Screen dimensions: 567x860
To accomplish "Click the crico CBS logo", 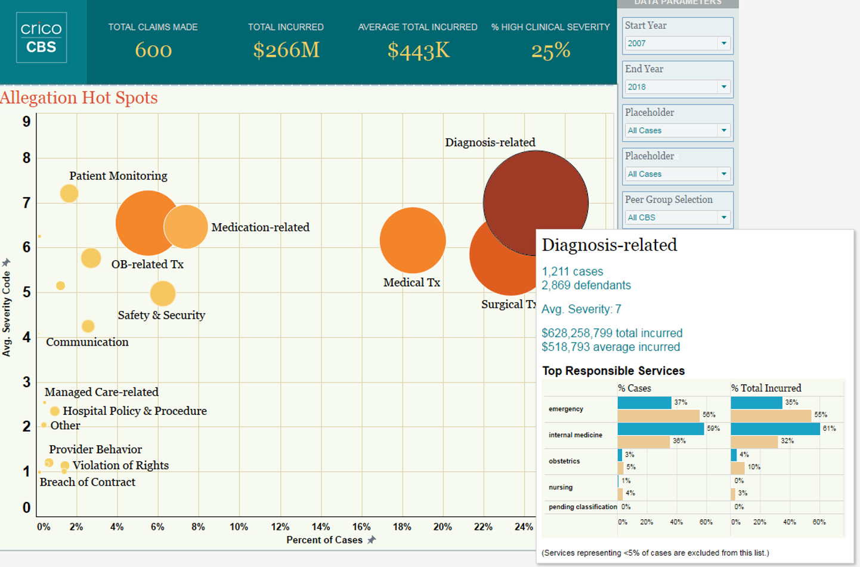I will coord(41,38).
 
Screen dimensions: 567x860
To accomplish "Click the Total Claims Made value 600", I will coord(153,50).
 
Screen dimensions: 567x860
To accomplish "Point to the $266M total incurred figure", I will coord(286,50).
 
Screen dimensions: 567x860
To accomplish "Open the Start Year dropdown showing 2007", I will coord(678,44).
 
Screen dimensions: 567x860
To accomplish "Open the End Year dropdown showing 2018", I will coord(678,87).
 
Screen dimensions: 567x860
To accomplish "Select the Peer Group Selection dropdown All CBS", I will coord(678,218).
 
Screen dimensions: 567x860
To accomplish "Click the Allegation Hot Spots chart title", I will coord(79,98).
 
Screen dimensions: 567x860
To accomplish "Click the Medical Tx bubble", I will coord(413,241).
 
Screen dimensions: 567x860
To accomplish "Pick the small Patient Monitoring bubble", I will coord(69,193).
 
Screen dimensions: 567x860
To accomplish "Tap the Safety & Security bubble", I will coord(163,294).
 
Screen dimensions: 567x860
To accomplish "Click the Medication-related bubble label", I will coord(260,227).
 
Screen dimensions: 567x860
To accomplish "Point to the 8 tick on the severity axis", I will coord(26,158).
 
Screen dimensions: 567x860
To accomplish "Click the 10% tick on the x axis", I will coord(239,527).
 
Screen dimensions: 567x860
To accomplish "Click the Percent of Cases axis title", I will coord(324,540).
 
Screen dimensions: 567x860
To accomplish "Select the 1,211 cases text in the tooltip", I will coord(572,272).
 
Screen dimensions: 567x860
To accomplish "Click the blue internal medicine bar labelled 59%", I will coord(660,429).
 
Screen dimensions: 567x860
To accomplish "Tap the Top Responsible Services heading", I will coord(613,371).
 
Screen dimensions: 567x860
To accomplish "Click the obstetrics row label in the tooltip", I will coord(564,461).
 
